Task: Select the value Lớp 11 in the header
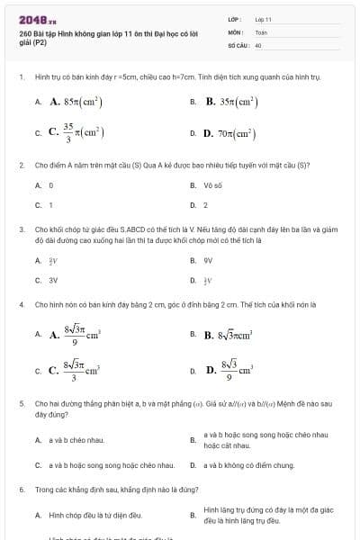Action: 263,18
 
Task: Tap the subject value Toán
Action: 261,31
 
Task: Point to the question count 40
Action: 258,44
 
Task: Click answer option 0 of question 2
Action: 51,185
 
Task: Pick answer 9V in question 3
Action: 208,260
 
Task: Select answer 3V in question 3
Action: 52,280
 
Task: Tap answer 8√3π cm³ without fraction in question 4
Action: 238,335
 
